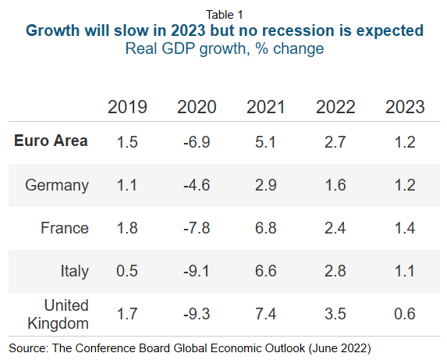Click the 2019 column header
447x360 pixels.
pyautogui.click(x=127, y=107)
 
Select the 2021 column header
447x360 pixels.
pyautogui.click(x=265, y=107)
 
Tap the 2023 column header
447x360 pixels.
pyautogui.click(x=405, y=107)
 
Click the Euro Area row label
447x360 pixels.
pyautogui.click(x=51, y=141)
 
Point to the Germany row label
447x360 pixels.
pyautogui.click(x=57, y=185)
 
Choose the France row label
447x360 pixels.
pyautogui.click(x=65, y=228)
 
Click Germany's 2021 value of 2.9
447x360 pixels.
pyautogui.click(x=265, y=185)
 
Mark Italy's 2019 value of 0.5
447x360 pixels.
pyautogui.click(x=127, y=271)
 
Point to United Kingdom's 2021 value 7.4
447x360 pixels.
pyautogui.click(x=265, y=314)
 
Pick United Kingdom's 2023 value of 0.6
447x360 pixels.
pyautogui.click(x=405, y=314)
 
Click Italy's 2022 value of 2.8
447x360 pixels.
pyautogui.click(x=335, y=271)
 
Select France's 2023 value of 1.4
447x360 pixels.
pyautogui.click(x=405, y=228)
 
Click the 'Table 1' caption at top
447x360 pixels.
pyautogui.click(x=225, y=14)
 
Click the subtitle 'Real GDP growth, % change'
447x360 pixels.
pyautogui.click(x=225, y=48)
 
